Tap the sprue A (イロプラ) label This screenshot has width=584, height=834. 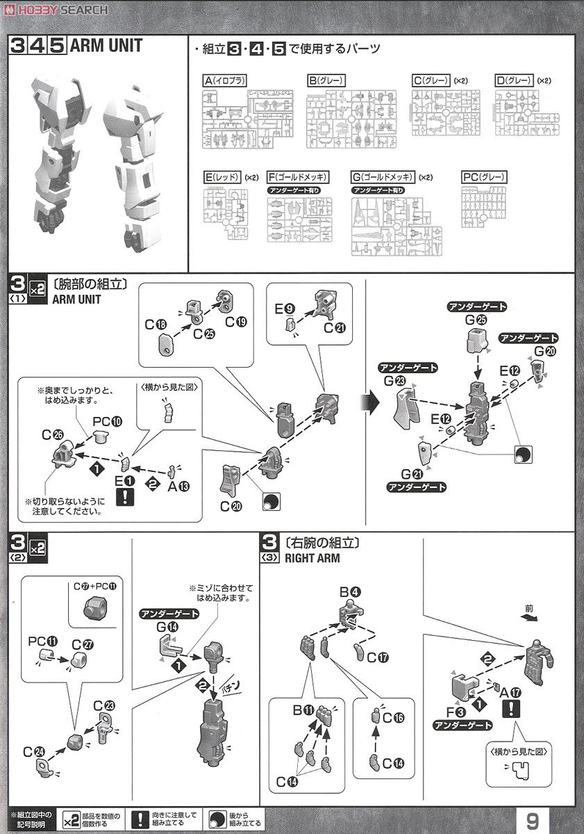point(226,81)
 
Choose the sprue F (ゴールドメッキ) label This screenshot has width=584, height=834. point(298,177)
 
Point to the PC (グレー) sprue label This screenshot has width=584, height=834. point(484,177)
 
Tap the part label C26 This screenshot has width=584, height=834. point(51,435)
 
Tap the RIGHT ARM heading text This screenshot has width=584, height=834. point(312,558)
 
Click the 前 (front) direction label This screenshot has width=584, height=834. point(530,607)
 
